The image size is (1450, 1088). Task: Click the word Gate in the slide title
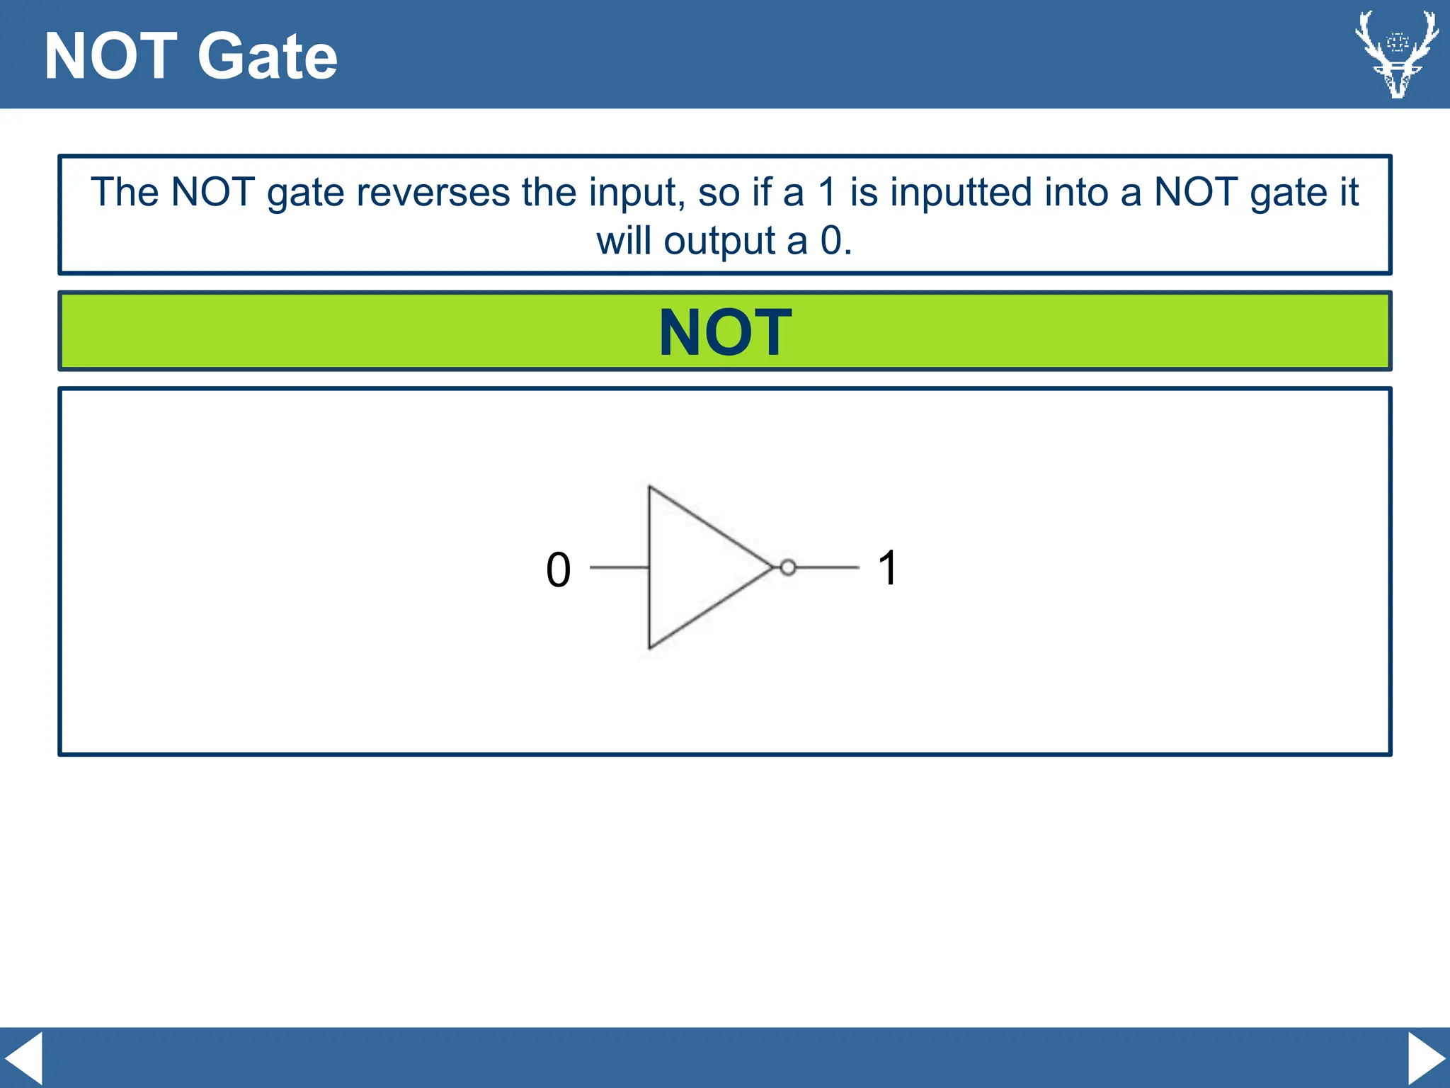(267, 57)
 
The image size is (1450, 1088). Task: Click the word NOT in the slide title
(110, 57)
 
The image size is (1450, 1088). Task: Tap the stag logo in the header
(1396, 54)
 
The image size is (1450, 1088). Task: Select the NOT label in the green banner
(725, 332)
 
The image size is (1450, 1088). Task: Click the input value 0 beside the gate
(558, 570)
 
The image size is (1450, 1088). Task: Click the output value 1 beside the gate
(888, 568)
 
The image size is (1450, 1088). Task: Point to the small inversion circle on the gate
(787, 567)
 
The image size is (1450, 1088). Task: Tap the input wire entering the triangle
(619, 567)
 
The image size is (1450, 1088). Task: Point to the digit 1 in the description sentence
(826, 193)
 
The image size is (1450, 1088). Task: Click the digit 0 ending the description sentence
(831, 241)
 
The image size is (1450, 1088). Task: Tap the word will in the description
(623, 241)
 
